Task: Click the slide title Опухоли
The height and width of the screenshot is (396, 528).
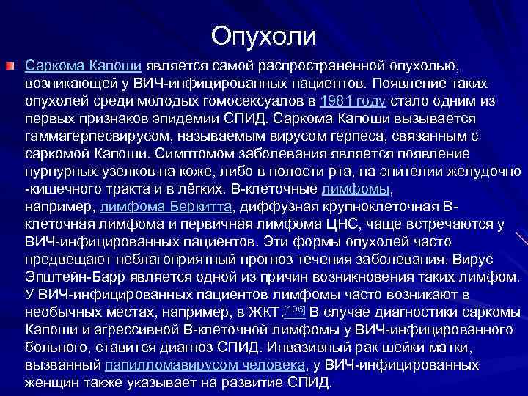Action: coord(264,36)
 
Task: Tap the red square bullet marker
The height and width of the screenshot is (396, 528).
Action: coord(10,67)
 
